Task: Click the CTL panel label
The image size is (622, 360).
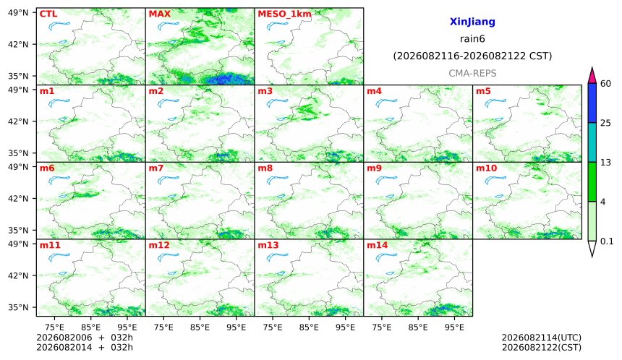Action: [x=48, y=14]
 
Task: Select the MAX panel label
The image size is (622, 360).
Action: [x=159, y=14]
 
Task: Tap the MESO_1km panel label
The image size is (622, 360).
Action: [x=284, y=14]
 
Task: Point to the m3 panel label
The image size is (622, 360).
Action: [x=265, y=91]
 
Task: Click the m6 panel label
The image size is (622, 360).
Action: [x=47, y=168]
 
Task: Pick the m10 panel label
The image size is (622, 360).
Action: [x=486, y=168]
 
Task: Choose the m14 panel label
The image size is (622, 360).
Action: [x=378, y=245]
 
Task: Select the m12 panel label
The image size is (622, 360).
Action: [x=159, y=245]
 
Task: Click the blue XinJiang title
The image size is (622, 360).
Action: [x=472, y=22]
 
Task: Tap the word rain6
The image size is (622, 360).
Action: [x=472, y=39]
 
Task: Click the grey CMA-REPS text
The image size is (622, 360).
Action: [x=472, y=73]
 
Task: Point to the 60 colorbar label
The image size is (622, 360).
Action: [x=606, y=84]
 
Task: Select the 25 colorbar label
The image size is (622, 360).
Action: [x=606, y=123]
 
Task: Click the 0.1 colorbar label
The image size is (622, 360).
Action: [x=608, y=241]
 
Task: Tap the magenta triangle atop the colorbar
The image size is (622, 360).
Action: [x=592, y=76]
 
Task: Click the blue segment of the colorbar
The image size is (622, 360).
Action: [x=592, y=103]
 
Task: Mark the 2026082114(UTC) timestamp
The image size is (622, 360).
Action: [x=542, y=338]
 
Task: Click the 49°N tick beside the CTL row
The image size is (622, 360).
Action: [x=18, y=13]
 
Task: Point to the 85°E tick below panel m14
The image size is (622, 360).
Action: [x=418, y=327]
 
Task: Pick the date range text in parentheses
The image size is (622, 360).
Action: [x=472, y=56]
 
